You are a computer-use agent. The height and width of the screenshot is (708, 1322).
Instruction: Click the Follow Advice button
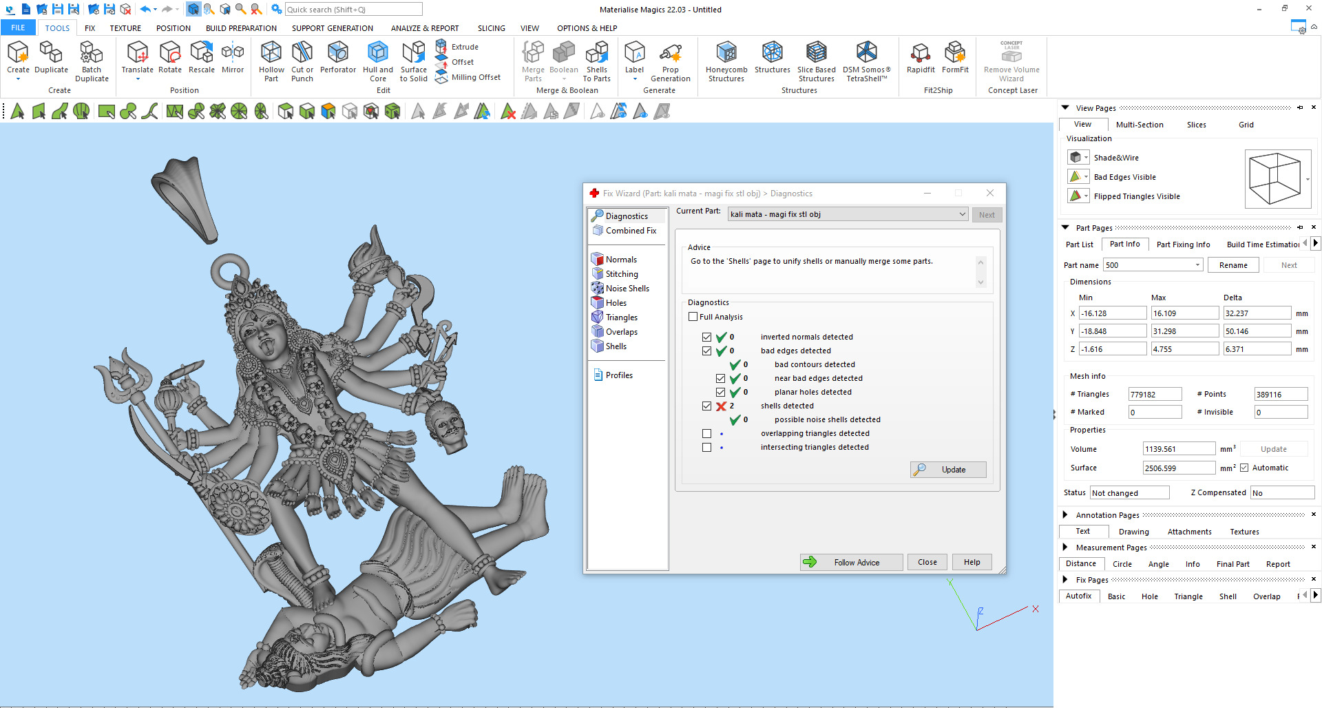point(851,562)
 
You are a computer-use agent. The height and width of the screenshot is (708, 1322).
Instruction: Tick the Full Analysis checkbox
point(693,317)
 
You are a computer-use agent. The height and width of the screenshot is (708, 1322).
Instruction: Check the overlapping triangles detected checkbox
point(706,434)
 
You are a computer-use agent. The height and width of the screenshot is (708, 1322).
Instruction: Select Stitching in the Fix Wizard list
point(621,274)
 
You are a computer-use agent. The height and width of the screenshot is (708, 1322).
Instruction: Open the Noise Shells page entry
point(627,289)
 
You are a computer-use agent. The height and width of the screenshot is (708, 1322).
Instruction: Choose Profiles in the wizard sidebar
point(618,375)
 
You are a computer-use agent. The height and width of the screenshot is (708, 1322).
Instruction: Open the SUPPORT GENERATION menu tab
point(332,28)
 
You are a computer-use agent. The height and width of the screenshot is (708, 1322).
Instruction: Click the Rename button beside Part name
point(1232,265)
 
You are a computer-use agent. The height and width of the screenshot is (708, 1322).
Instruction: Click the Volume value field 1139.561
point(1178,449)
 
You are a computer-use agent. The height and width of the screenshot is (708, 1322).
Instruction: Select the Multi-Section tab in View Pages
point(1140,125)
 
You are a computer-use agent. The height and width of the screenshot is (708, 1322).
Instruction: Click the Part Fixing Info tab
point(1183,244)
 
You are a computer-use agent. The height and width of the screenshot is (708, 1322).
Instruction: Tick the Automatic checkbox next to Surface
point(1244,468)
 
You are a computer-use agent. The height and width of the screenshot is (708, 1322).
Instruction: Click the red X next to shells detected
point(721,406)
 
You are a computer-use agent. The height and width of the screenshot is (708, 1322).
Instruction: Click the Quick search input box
point(353,10)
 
